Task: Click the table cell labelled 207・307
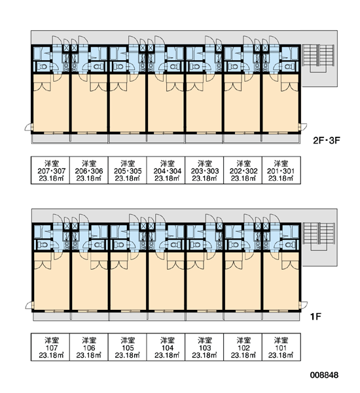pos(50,170)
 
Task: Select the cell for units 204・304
pos(166,170)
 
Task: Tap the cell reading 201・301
pos(281,170)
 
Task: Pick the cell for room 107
pos(50,347)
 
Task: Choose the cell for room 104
pos(166,347)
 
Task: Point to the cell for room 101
pos(281,347)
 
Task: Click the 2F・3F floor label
pos(327,140)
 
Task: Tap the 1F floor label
pos(315,316)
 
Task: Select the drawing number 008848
pos(324,375)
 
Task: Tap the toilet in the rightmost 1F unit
pos(288,244)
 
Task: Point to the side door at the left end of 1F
pos(29,305)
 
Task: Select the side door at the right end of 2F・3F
pos(303,127)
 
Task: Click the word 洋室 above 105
pos(128,340)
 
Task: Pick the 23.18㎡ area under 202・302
pos(243,178)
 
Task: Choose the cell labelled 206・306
pos(89,170)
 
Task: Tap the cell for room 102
pos(243,347)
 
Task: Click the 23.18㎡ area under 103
pos(204,355)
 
